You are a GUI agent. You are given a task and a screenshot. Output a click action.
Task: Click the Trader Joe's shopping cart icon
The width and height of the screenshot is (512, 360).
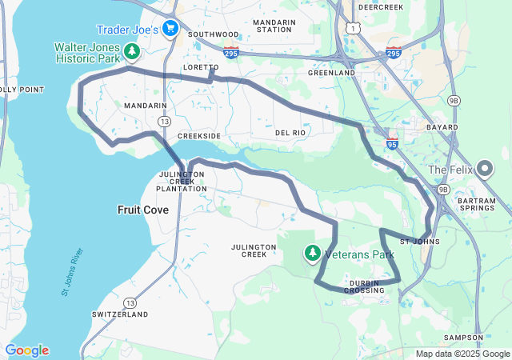(x=170, y=30)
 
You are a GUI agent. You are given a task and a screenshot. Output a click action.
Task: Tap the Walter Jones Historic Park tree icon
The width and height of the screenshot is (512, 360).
(x=133, y=53)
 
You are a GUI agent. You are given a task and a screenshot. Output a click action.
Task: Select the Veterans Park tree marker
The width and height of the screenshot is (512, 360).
(x=312, y=254)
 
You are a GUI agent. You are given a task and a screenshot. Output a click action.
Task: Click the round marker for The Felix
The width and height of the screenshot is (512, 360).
(x=484, y=170)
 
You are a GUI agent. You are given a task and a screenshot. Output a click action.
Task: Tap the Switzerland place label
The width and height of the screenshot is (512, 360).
(x=120, y=314)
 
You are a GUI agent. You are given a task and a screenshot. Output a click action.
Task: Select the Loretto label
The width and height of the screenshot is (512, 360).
(x=201, y=67)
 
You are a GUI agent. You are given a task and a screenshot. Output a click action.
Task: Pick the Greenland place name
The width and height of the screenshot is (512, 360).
(x=331, y=73)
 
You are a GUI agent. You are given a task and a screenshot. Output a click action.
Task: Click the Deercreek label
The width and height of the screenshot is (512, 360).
(x=381, y=6)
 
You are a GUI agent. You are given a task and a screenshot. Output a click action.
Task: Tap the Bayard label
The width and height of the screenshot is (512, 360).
(x=442, y=127)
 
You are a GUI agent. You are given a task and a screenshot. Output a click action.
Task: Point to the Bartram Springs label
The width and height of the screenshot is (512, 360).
(x=473, y=203)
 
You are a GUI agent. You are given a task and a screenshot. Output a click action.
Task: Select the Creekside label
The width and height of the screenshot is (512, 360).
(x=198, y=137)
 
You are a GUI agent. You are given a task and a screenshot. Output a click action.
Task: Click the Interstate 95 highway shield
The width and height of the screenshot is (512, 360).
(x=392, y=144)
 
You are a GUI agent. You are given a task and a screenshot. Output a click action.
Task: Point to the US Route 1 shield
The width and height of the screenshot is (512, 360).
(x=353, y=28)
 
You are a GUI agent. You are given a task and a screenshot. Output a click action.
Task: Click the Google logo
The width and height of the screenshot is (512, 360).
(x=26, y=350)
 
